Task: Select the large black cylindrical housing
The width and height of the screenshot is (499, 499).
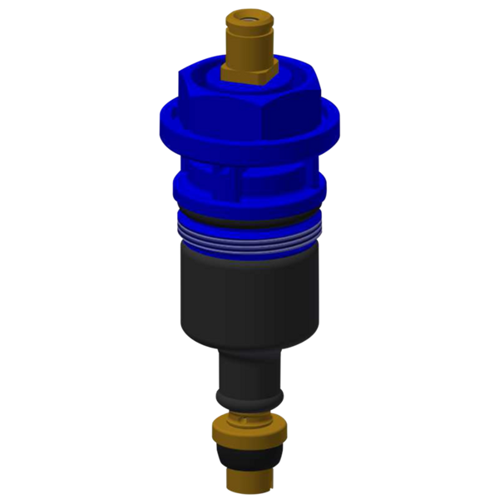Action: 249,291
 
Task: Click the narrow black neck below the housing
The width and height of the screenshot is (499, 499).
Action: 249,374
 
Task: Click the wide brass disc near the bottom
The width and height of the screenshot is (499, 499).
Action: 249,432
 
